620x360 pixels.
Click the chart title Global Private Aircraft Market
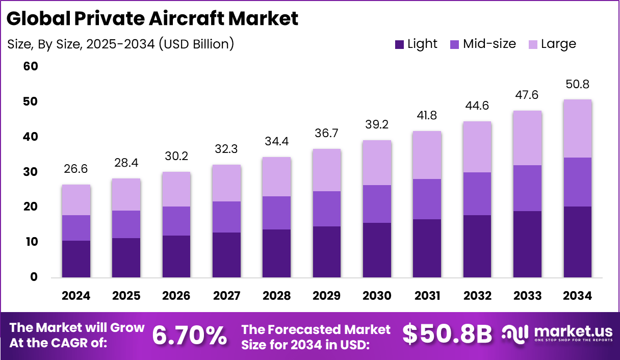pos(152,19)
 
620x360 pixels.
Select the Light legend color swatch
pos(400,44)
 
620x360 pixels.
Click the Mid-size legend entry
pos(482,44)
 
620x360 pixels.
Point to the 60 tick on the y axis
pos(31,66)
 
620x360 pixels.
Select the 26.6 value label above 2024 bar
pos(76,169)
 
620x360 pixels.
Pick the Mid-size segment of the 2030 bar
pos(377,204)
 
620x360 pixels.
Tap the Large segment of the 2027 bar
pos(227,183)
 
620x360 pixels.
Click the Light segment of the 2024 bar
pos(76,259)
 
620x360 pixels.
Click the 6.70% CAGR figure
pos(190,335)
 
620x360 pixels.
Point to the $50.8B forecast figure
pos(447,335)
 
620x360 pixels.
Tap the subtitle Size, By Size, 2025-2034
pos(120,44)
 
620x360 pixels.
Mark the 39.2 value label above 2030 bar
pos(377,125)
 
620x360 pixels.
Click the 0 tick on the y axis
pos(34,277)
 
